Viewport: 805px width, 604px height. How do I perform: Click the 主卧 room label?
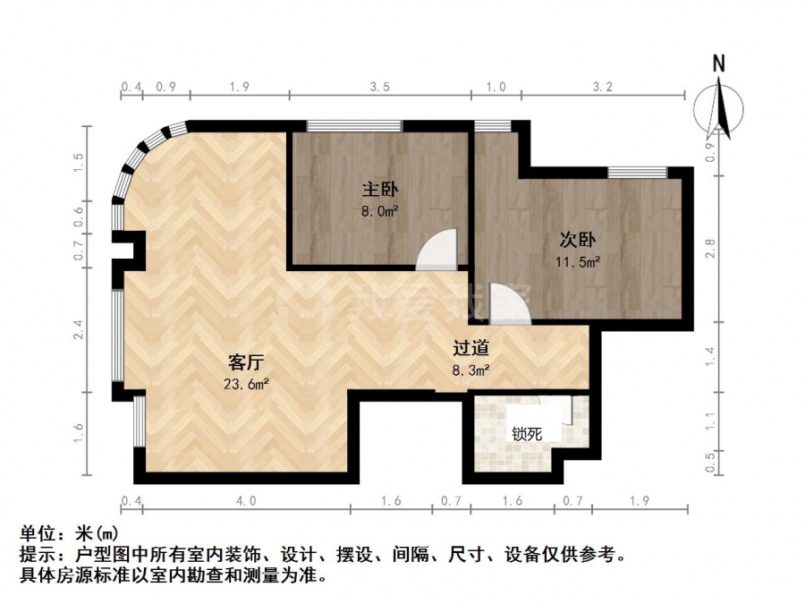point(380,190)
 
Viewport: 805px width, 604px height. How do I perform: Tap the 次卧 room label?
point(578,240)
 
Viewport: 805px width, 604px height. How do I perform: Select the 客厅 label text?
point(246,362)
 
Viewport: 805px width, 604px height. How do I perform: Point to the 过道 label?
point(470,349)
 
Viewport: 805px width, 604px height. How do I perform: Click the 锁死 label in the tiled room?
point(527,434)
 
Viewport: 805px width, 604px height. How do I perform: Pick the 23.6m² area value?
point(246,384)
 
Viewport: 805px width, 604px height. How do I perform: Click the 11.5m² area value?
point(578,262)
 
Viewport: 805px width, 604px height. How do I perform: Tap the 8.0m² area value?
point(380,211)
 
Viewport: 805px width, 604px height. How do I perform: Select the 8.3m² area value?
point(470,370)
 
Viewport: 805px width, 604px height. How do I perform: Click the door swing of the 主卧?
point(436,249)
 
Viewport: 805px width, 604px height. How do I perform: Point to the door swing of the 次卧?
point(511,304)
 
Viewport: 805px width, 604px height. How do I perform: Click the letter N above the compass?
point(719,64)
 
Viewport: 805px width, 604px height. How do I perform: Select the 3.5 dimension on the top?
point(380,86)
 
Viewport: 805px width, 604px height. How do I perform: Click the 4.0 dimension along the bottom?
point(246,499)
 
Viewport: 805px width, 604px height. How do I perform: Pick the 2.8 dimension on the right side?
point(710,249)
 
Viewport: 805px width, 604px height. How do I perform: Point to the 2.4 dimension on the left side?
point(78,329)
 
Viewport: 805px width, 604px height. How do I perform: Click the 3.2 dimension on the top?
point(603,86)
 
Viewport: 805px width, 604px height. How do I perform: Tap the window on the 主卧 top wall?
point(354,126)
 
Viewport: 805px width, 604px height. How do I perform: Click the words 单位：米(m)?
point(69,534)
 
